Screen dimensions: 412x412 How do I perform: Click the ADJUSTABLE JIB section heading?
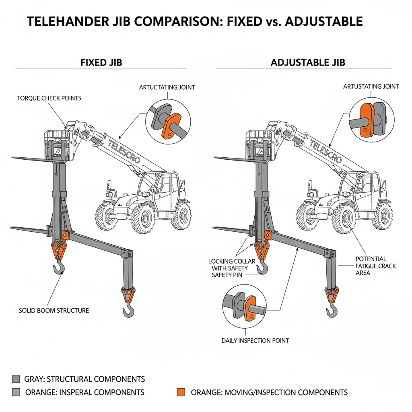pyautogui.click(x=308, y=63)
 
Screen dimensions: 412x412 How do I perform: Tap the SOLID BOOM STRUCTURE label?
pyautogui.click(x=54, y=310)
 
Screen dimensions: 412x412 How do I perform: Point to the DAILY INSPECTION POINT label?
pyautogui.click(x=255, y=340)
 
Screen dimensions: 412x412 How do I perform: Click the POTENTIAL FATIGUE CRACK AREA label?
pyautogui.click(x=376, y=266)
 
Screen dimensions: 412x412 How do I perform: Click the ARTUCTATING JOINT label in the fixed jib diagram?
pyautogui.click(x=167, y=87)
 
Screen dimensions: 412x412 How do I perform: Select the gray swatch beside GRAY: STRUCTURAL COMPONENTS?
pyautogui.click(x=16, y=379)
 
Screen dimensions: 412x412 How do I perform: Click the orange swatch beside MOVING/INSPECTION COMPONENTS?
pyautogui.click(x=181, y=392)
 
